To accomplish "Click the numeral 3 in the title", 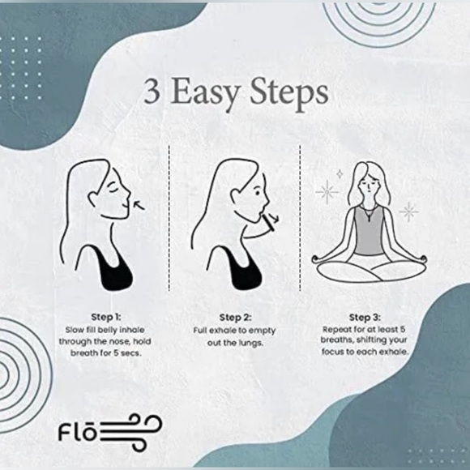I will coord(152,92).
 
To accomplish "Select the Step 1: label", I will coord(105,317).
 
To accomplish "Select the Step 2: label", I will coord(236,317).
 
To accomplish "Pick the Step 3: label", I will coord(365,317).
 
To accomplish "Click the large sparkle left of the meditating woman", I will coord(327,191).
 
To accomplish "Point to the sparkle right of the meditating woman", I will coord(409,212).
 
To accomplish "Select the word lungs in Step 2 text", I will coord(254,343).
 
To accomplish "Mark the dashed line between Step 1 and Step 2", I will coord(169,219).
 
